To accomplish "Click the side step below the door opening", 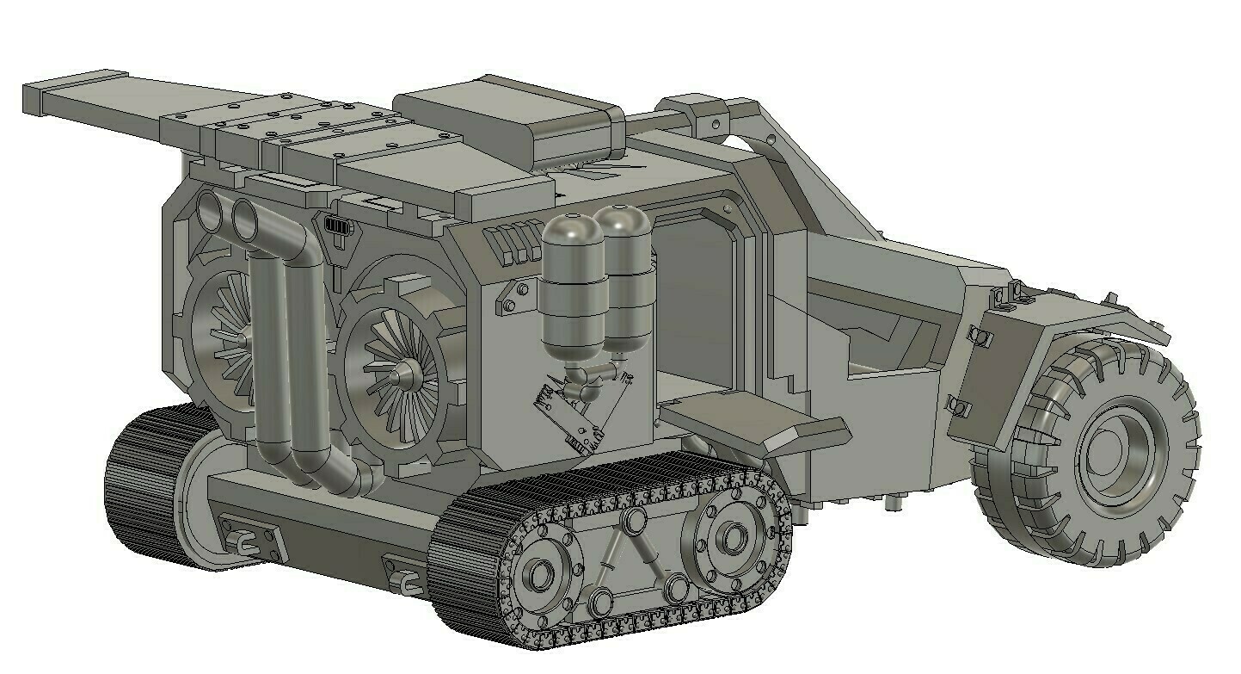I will pyautogui.click(x=753, y=422).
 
